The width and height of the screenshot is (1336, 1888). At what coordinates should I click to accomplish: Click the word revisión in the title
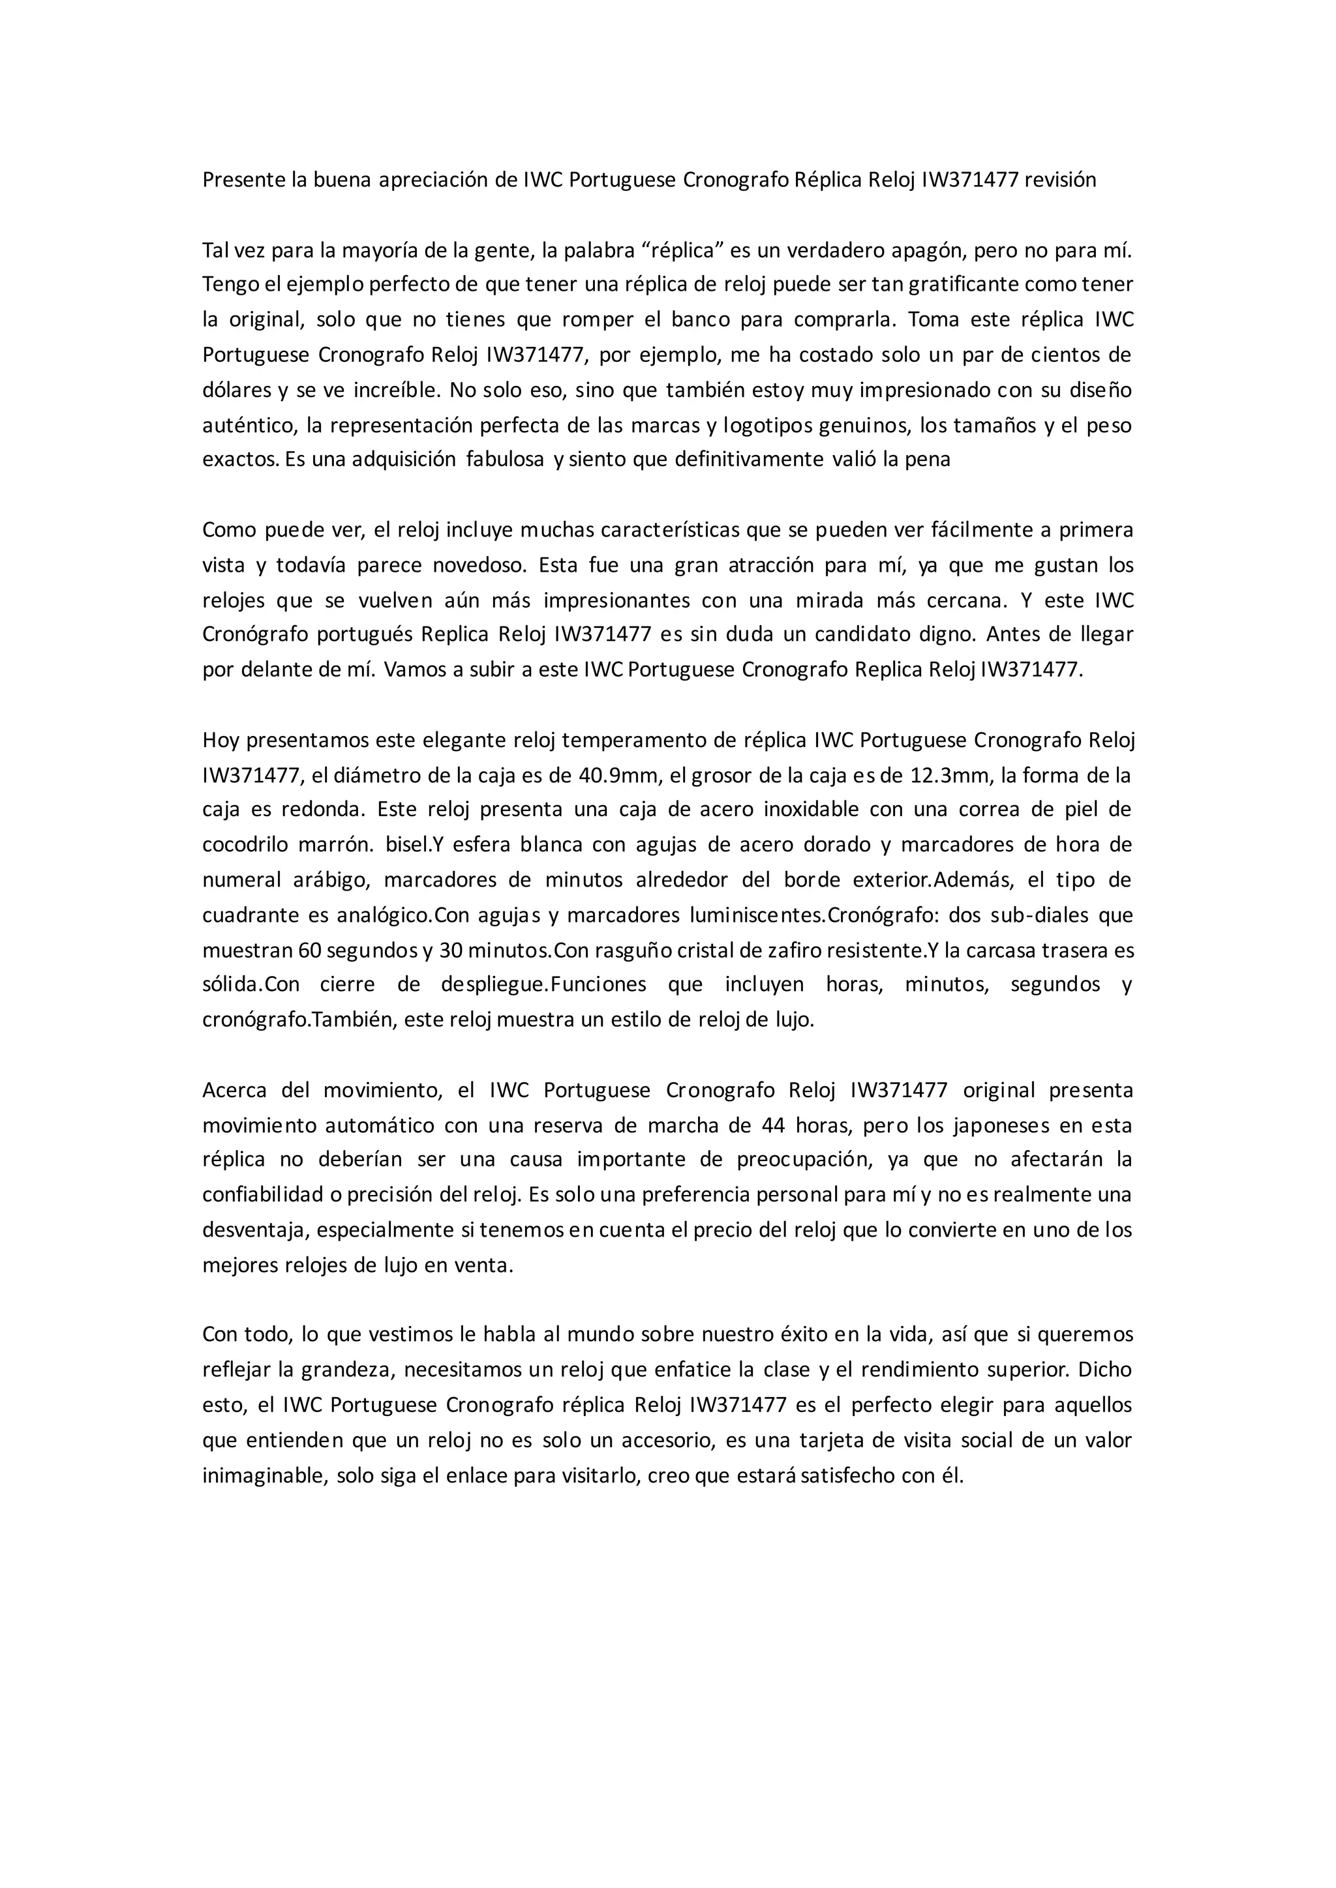click(x=1059, y=180)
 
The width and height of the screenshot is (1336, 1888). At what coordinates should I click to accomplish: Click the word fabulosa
click(x=505, y=460)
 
